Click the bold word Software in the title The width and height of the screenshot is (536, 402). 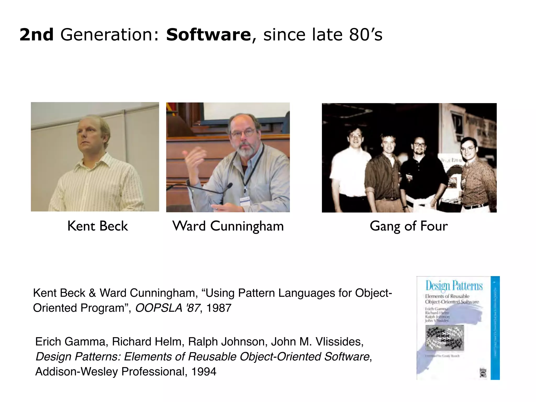(x=209, y=35)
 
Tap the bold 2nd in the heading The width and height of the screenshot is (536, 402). (x=37, y=35)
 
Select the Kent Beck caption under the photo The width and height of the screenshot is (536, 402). (x=97, y=226)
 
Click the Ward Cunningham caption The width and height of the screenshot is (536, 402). (x=228, y=226)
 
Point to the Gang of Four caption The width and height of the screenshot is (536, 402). (x=409, y=226)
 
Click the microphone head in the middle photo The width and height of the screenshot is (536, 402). (x=229, y=186)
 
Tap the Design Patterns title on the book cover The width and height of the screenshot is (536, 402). (x=454, y=286)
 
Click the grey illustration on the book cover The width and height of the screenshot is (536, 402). (x=444, y=338)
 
